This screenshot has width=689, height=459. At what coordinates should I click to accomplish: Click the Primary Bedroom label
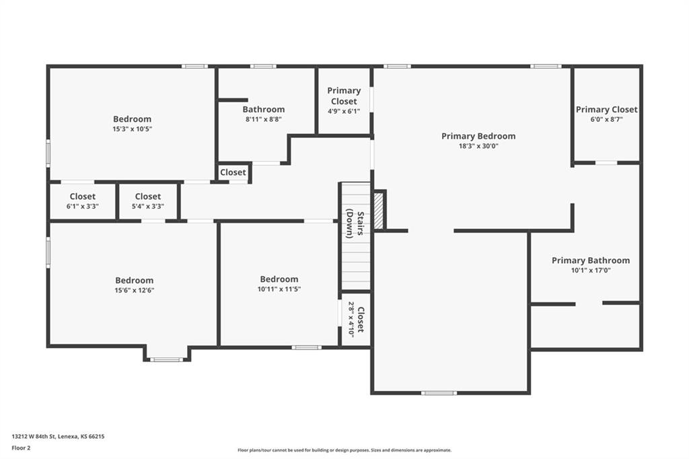point(478,136)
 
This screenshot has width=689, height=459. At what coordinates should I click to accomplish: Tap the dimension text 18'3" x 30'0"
point(478,146)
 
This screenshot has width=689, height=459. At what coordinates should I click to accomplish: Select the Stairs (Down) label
point(355,224)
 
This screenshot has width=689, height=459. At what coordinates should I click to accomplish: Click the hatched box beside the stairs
point(379,210)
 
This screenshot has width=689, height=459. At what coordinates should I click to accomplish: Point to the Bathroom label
point(264,109)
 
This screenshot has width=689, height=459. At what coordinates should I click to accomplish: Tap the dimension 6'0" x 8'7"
point(606,120)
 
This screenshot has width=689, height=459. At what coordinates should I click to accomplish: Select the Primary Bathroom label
point(591,260)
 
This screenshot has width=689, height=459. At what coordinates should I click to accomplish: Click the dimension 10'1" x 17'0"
point(591,270)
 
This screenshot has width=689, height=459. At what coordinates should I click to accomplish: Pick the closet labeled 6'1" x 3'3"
point(83,202)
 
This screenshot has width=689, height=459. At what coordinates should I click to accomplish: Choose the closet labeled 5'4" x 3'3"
point(148,202)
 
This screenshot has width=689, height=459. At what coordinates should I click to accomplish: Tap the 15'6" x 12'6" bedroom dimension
point(134,290)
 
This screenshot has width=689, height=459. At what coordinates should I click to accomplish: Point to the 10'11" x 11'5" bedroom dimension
point(279,289)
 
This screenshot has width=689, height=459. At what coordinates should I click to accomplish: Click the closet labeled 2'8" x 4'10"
point(356,320)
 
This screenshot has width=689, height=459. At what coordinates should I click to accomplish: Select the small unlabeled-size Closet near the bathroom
point(233,172)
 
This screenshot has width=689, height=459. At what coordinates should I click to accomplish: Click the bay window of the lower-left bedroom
point(166,359)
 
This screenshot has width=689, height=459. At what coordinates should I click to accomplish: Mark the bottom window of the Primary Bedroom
point(439,392)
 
